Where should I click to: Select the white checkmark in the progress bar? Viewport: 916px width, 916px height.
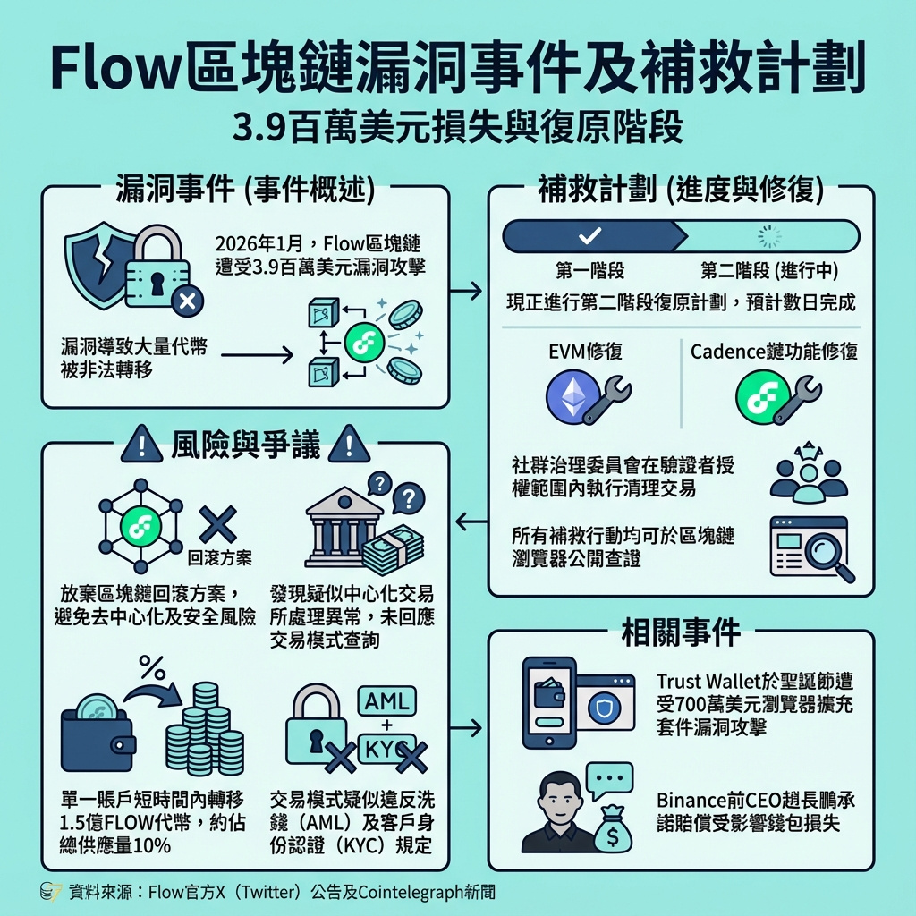(590, 236)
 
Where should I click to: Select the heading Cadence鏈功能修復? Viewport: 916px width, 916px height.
(774, 352)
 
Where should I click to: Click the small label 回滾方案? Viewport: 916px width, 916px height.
(220, 558)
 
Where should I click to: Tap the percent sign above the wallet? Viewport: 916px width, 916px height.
(151, 666)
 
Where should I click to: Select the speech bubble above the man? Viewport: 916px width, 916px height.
(607, 778)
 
